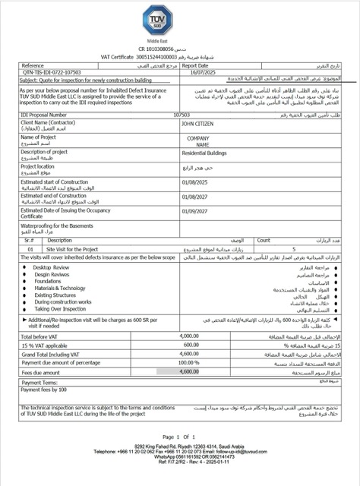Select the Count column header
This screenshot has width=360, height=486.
pos(264,239)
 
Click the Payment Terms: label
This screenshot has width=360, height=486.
pos(43,383)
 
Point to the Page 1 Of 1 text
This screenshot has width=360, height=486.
pos(180,437)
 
